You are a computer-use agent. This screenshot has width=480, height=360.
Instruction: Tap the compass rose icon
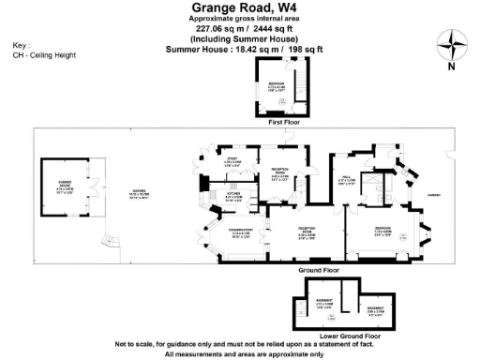click(453, 44)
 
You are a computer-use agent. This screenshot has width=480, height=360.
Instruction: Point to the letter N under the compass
click(453, 67)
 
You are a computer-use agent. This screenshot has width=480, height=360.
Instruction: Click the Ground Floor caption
click(318, 271)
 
